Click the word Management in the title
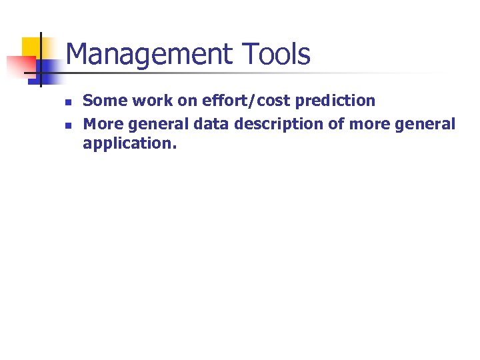point(148,54)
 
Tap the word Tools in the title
point(275,54)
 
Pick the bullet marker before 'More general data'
point(67,125)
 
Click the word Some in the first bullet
point(102,101)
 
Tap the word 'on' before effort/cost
point(187,101)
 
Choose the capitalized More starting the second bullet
point(102,124)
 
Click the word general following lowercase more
point(427,124)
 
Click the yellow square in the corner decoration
point(31,47)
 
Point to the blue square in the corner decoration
point(40,69)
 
